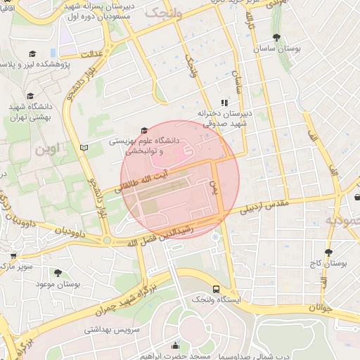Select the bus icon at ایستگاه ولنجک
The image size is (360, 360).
(215, 289)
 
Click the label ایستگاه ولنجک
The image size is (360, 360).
(215, 300)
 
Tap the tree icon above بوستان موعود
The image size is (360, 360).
(57, 272)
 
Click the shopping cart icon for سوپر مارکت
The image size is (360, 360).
(13, 256)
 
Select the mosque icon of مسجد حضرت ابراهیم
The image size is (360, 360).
(175, 345)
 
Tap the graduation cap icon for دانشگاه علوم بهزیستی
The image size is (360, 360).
(145, 130)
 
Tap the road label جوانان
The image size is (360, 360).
(320, 307)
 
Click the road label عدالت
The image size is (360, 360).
(94, 53)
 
